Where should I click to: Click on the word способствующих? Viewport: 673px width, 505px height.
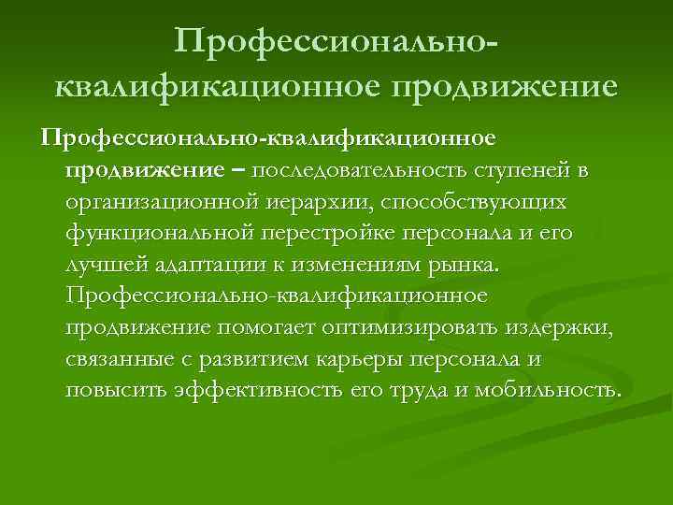click(x=487, y=202)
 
